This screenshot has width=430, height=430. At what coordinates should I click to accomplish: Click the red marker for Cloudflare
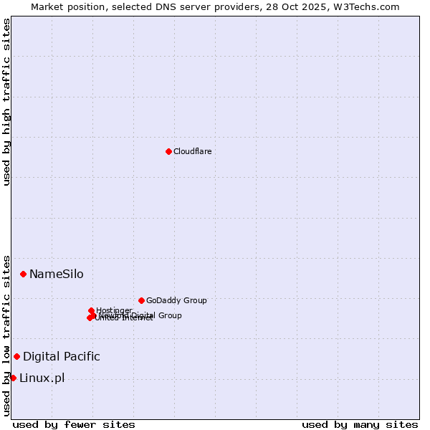[168, 151]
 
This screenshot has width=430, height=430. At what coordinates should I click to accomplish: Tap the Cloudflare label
[192, 151]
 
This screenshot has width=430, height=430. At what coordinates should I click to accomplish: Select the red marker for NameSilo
[23, 274]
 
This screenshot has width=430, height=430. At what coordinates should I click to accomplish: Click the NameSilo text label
[56, 274]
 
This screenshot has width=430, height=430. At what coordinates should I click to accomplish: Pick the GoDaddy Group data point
[141, 300]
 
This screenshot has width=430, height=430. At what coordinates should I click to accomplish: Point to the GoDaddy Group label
[176, 300]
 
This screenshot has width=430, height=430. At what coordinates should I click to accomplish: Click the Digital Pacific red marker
[16, 356]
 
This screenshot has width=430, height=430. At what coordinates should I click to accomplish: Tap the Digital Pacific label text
[61, 356]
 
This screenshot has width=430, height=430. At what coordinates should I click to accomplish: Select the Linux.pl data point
[13, 378]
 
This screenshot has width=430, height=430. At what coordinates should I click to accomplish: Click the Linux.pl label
[42, 378]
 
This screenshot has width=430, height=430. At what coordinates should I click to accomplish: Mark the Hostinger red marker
[91, 310]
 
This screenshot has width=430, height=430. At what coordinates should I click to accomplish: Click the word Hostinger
[114, 310]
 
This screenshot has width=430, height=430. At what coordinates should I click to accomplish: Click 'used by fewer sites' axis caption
[74, 424]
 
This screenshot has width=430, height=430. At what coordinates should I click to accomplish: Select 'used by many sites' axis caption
[360, 424]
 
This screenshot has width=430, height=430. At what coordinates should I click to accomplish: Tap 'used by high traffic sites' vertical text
[6, 102]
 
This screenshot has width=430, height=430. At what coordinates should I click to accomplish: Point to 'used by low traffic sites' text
[6, 335]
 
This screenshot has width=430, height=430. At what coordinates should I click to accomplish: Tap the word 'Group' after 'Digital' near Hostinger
[169, 315]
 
